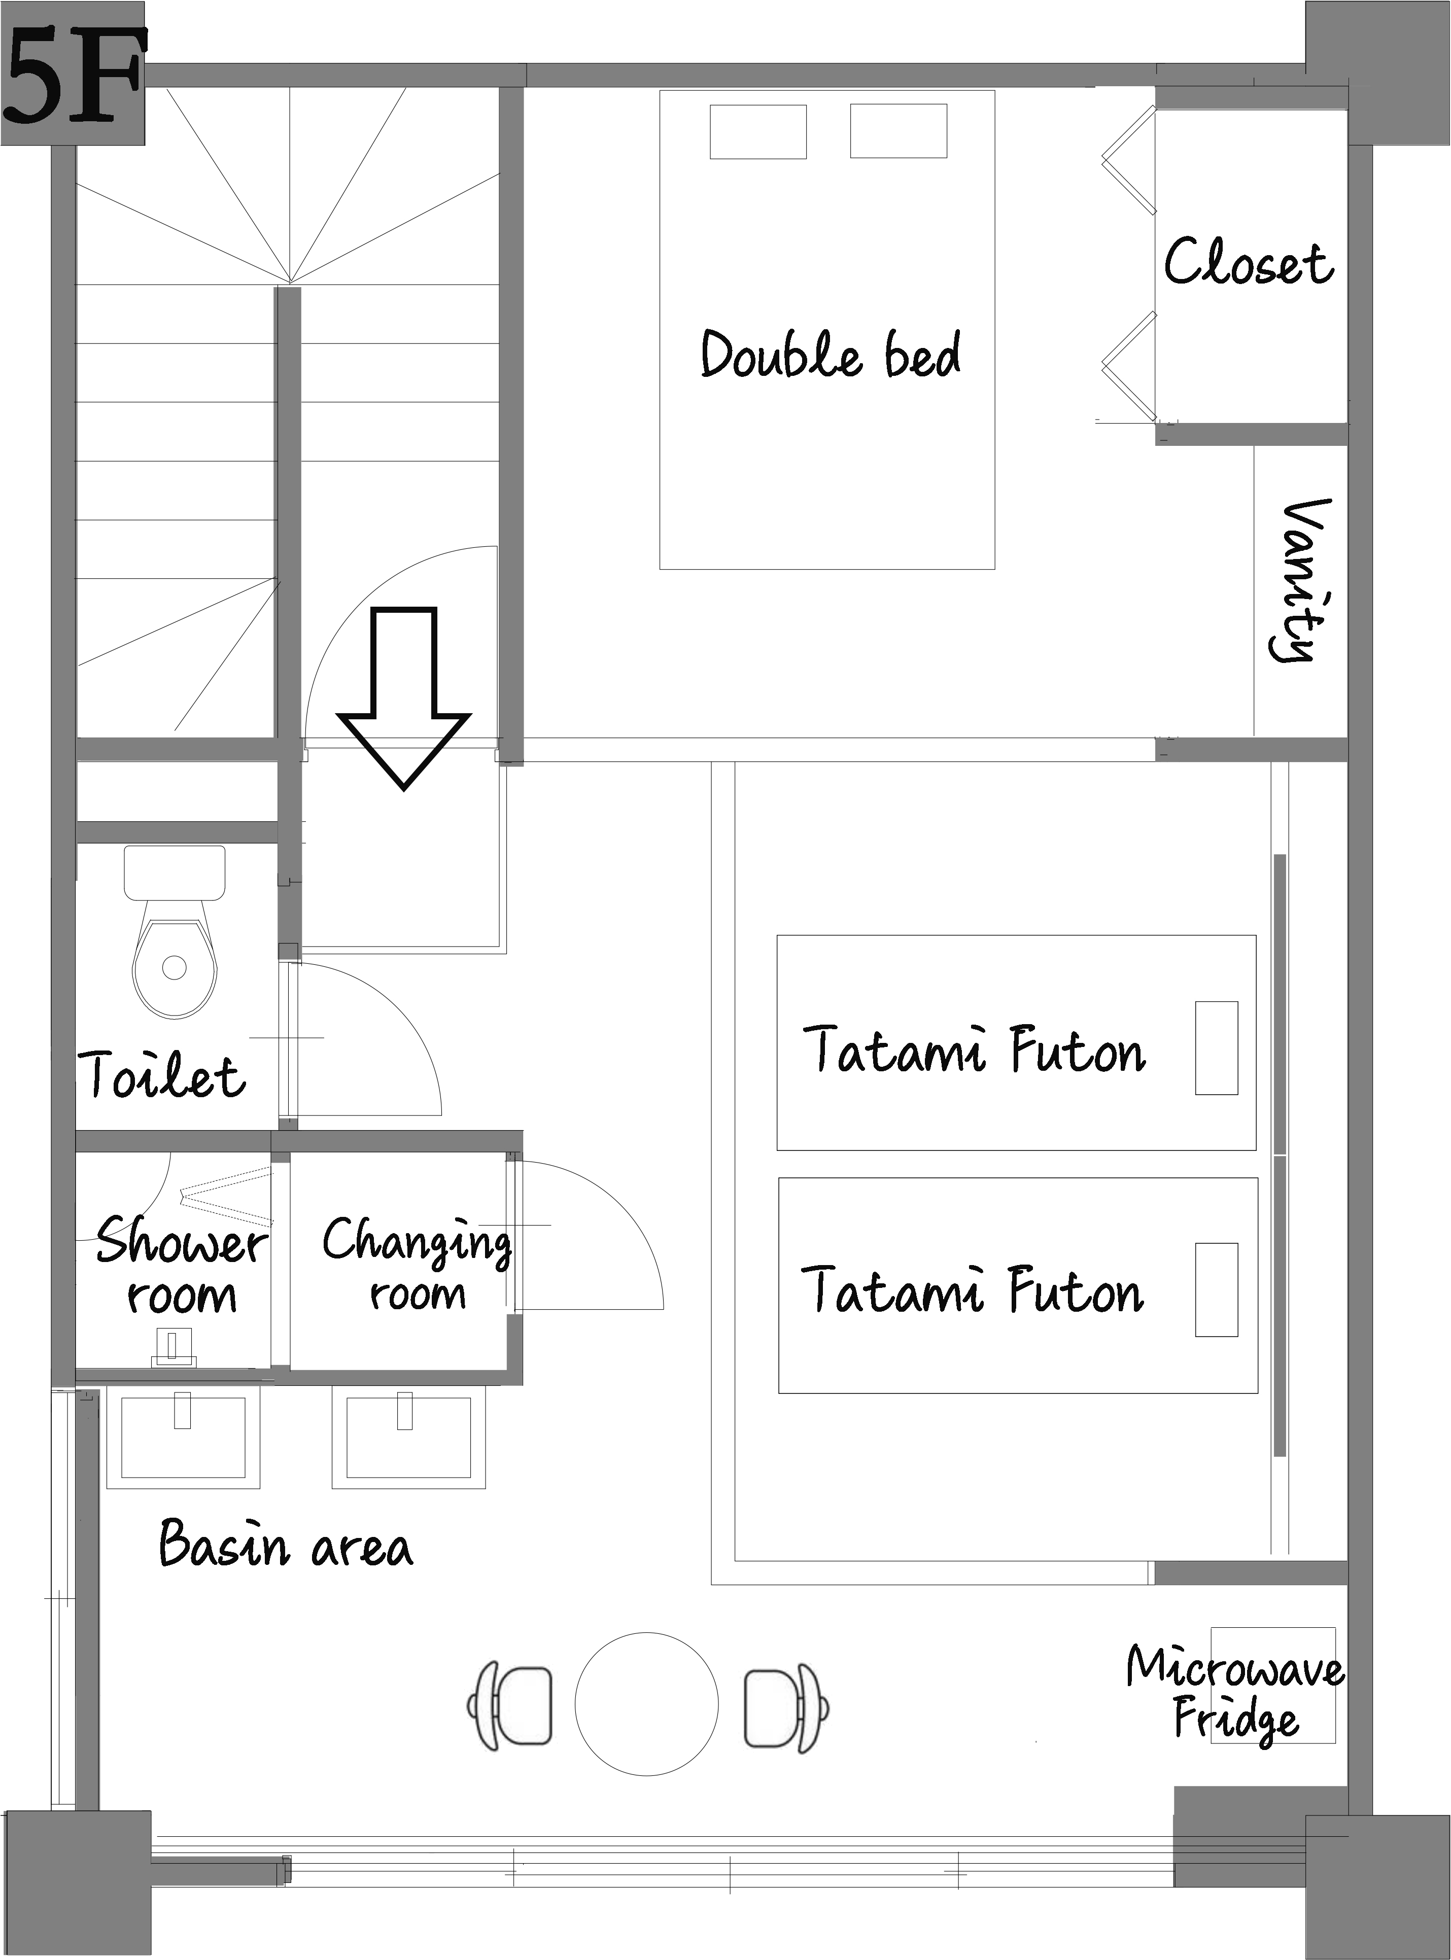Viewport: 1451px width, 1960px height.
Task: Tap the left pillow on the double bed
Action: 758,132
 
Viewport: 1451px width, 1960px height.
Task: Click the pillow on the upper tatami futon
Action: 1217,1047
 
